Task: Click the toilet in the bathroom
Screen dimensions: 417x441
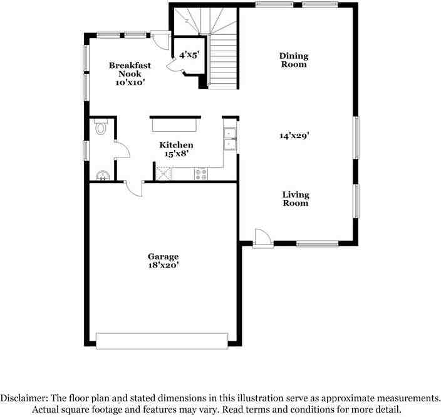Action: click(101, 128)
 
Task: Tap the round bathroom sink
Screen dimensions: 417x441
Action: click(101, 174)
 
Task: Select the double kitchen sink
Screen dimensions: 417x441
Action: click(230, 139)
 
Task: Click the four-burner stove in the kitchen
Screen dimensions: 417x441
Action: click(201, 174)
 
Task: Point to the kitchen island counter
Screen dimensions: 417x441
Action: click(173, 126)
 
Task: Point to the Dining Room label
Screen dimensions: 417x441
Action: click(293, 60)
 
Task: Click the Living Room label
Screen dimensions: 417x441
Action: click(295, 198)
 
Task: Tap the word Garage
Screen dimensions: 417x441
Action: click(163, 256)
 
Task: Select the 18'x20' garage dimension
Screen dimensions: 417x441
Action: click(163, 265)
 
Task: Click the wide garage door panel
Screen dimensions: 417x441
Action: click(162, 341)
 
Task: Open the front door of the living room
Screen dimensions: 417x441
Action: click(262, 238)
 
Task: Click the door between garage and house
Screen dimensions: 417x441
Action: click(134, 188)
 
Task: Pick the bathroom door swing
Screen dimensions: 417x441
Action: click(122, 150)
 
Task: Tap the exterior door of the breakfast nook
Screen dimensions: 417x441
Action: click(162, 40)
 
